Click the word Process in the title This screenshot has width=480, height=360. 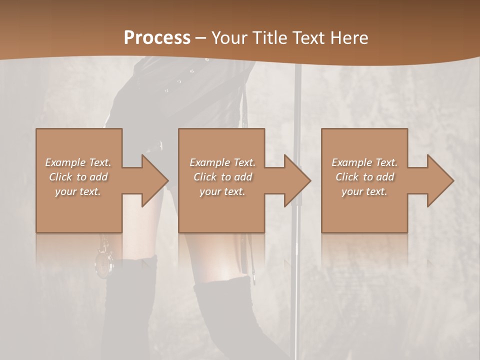point(157,38)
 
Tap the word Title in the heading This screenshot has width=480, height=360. point(271,38)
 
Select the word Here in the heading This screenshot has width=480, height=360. point(348,38)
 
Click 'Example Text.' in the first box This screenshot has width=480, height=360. point(78,162)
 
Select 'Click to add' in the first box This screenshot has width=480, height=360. point(78,177)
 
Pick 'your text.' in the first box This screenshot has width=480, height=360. point(78,191)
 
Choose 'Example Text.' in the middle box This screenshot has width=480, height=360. point(222,162)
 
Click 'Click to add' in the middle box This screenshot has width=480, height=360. point(222,177)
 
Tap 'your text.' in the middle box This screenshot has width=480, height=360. point(222,191)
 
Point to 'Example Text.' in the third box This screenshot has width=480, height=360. point(364,162)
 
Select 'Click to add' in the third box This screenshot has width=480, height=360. point(364,177)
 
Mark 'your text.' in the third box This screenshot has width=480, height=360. point(364,191)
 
